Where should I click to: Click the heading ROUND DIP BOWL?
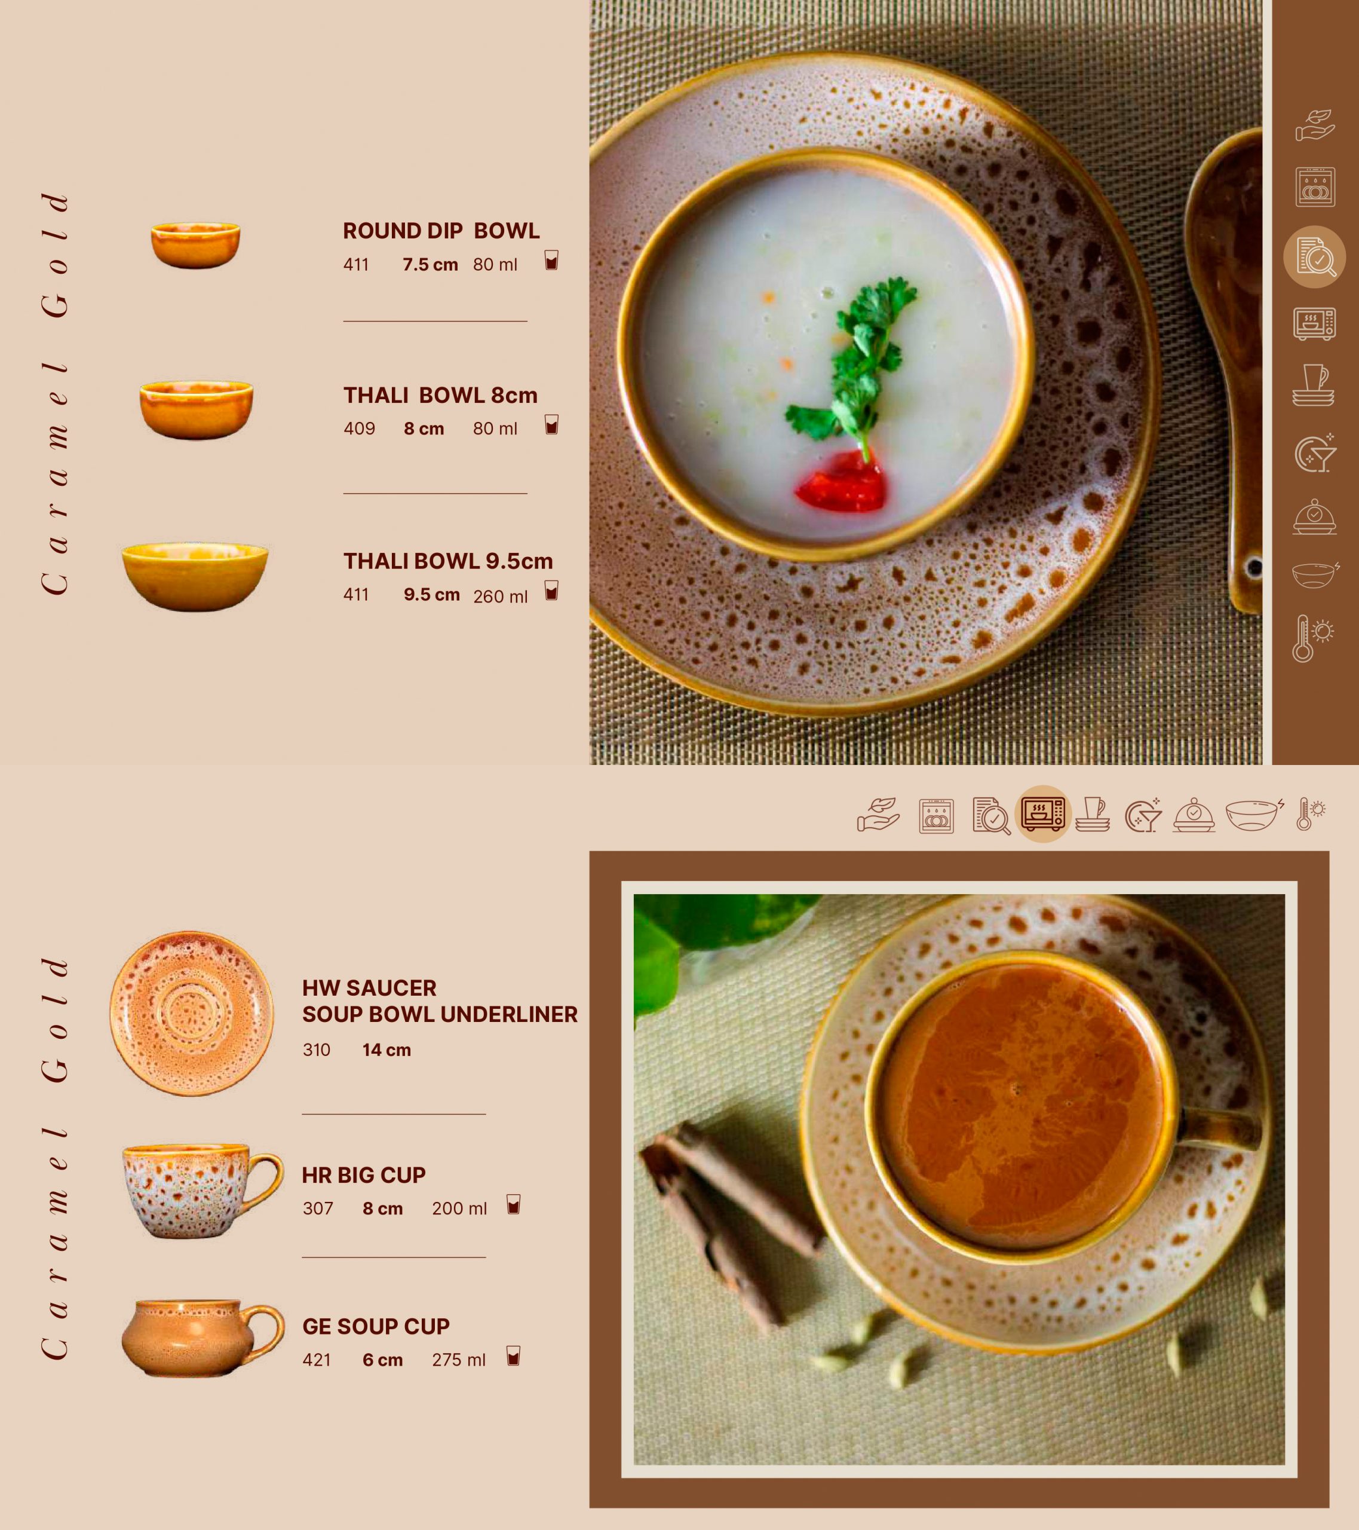coord(441,231)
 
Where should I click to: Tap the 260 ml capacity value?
coord(500,596)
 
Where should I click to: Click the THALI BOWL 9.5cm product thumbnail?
coord(195,576)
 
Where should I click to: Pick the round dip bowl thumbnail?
coord(195,245)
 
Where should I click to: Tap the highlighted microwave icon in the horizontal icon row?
coord(1043,813)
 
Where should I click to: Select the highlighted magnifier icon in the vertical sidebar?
coord(1315,257)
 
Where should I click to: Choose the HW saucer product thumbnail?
coord(192,1014)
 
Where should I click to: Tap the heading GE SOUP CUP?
coord(376,1326)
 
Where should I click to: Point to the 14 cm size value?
coord(386,1049)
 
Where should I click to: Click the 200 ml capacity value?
coord(459,1208)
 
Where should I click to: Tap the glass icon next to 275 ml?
coord(513,1355)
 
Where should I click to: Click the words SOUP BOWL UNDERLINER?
coord(440,1014)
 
